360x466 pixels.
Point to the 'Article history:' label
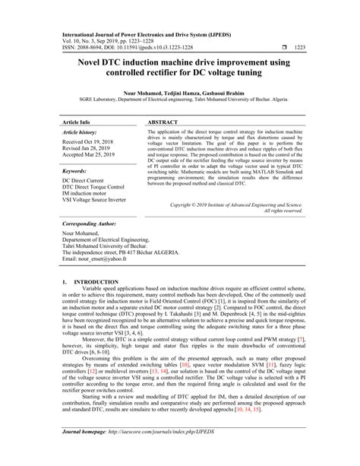(83, 132)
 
